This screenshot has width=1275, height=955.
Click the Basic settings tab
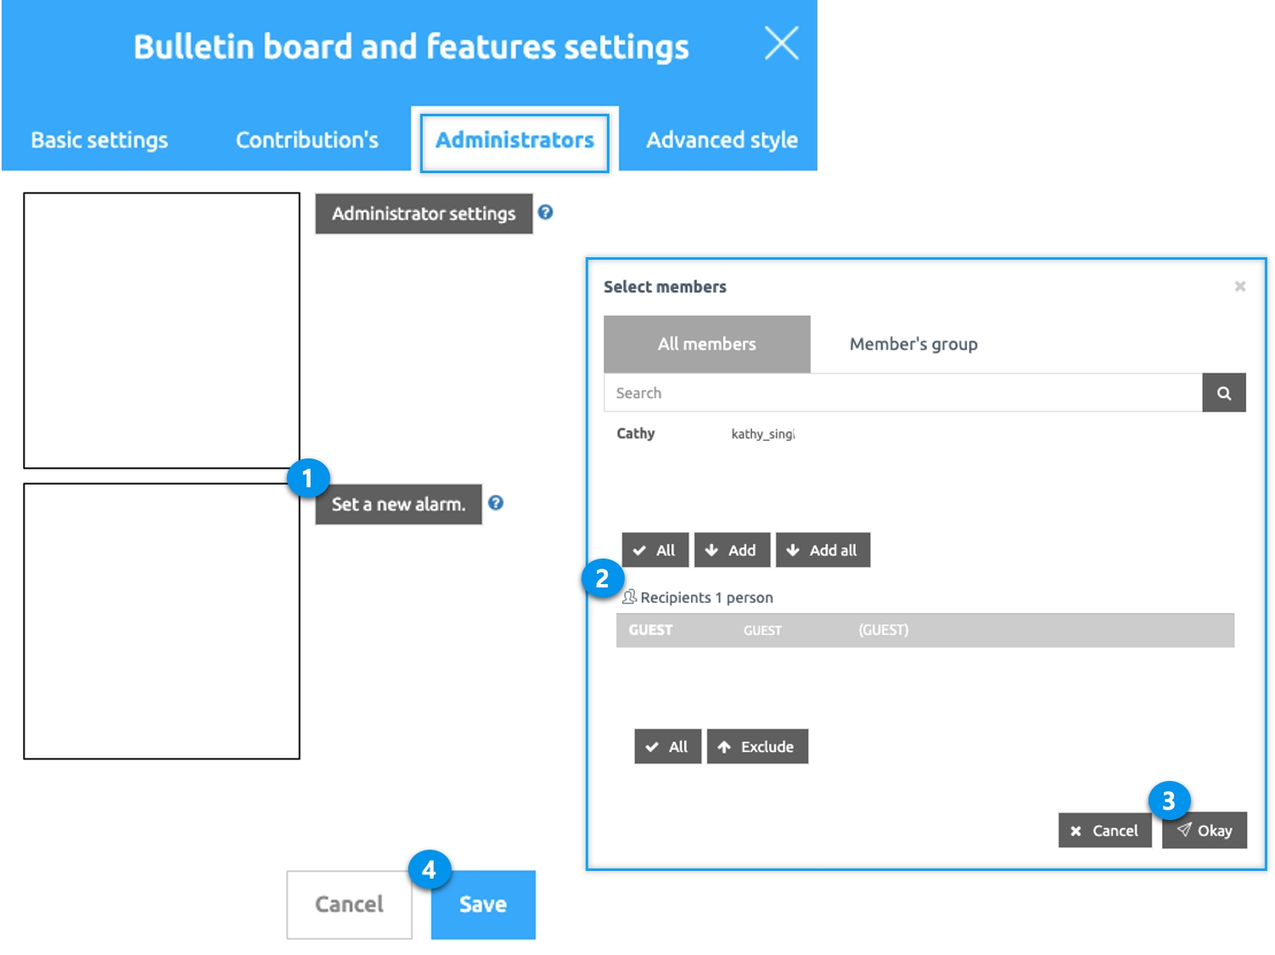pos(99,140)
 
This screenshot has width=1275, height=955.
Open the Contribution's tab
pos(306,140)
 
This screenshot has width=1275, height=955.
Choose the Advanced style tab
pos(722,140)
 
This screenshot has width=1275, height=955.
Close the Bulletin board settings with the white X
pos(781,43)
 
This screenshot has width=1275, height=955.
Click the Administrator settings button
pos(424,214)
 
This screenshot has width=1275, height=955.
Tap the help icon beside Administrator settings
pos(545,212)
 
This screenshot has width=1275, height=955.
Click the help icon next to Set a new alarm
pos(495,503)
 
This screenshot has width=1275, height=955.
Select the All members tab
pos(706,344)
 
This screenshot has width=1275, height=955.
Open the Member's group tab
pos(913,344)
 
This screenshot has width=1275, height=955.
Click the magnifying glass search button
pos(1223,393)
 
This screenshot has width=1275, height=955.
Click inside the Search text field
pos(902,393)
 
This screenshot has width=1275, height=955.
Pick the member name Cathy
pos(636,433)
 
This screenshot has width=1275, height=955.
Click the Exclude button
pos(757,746)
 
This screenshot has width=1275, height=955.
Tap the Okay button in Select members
pos(1204,830)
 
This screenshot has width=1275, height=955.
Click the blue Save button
pos(483,904)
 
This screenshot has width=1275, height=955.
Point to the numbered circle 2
pos(603,579)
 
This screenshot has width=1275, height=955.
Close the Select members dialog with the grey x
pos(1239,286)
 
